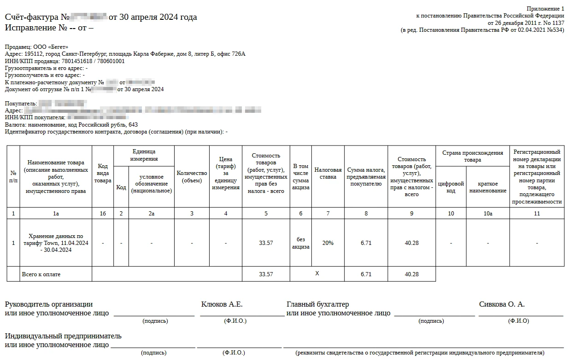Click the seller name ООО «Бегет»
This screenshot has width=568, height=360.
[x=51, y=47]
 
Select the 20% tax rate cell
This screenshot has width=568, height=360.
[x=328, y=243]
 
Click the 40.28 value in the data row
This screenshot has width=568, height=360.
[x=411, y=243]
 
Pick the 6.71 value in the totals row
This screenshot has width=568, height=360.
[x=366, y=274]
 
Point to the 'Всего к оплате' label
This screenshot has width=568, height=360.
[x=41, y=274]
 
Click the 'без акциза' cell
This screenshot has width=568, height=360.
[x=301, y=243]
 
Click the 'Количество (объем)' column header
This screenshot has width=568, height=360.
[x=192, y=177]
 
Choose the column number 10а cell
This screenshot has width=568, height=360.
[x=488, y=214]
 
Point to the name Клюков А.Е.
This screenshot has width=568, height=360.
[x=222, y=304]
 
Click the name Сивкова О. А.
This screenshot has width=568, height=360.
[x=502, y=304]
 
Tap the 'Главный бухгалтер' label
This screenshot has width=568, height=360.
[x=318, y=304]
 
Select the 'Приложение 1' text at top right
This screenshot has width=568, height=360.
[x=545, y=9]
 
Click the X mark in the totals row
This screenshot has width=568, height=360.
[x=317, y=274]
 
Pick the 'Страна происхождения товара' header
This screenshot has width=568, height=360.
[x=473, y=156]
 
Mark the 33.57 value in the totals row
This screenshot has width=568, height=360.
[x=266, y=274]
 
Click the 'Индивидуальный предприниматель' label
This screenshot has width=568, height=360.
[x=63, y=336]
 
